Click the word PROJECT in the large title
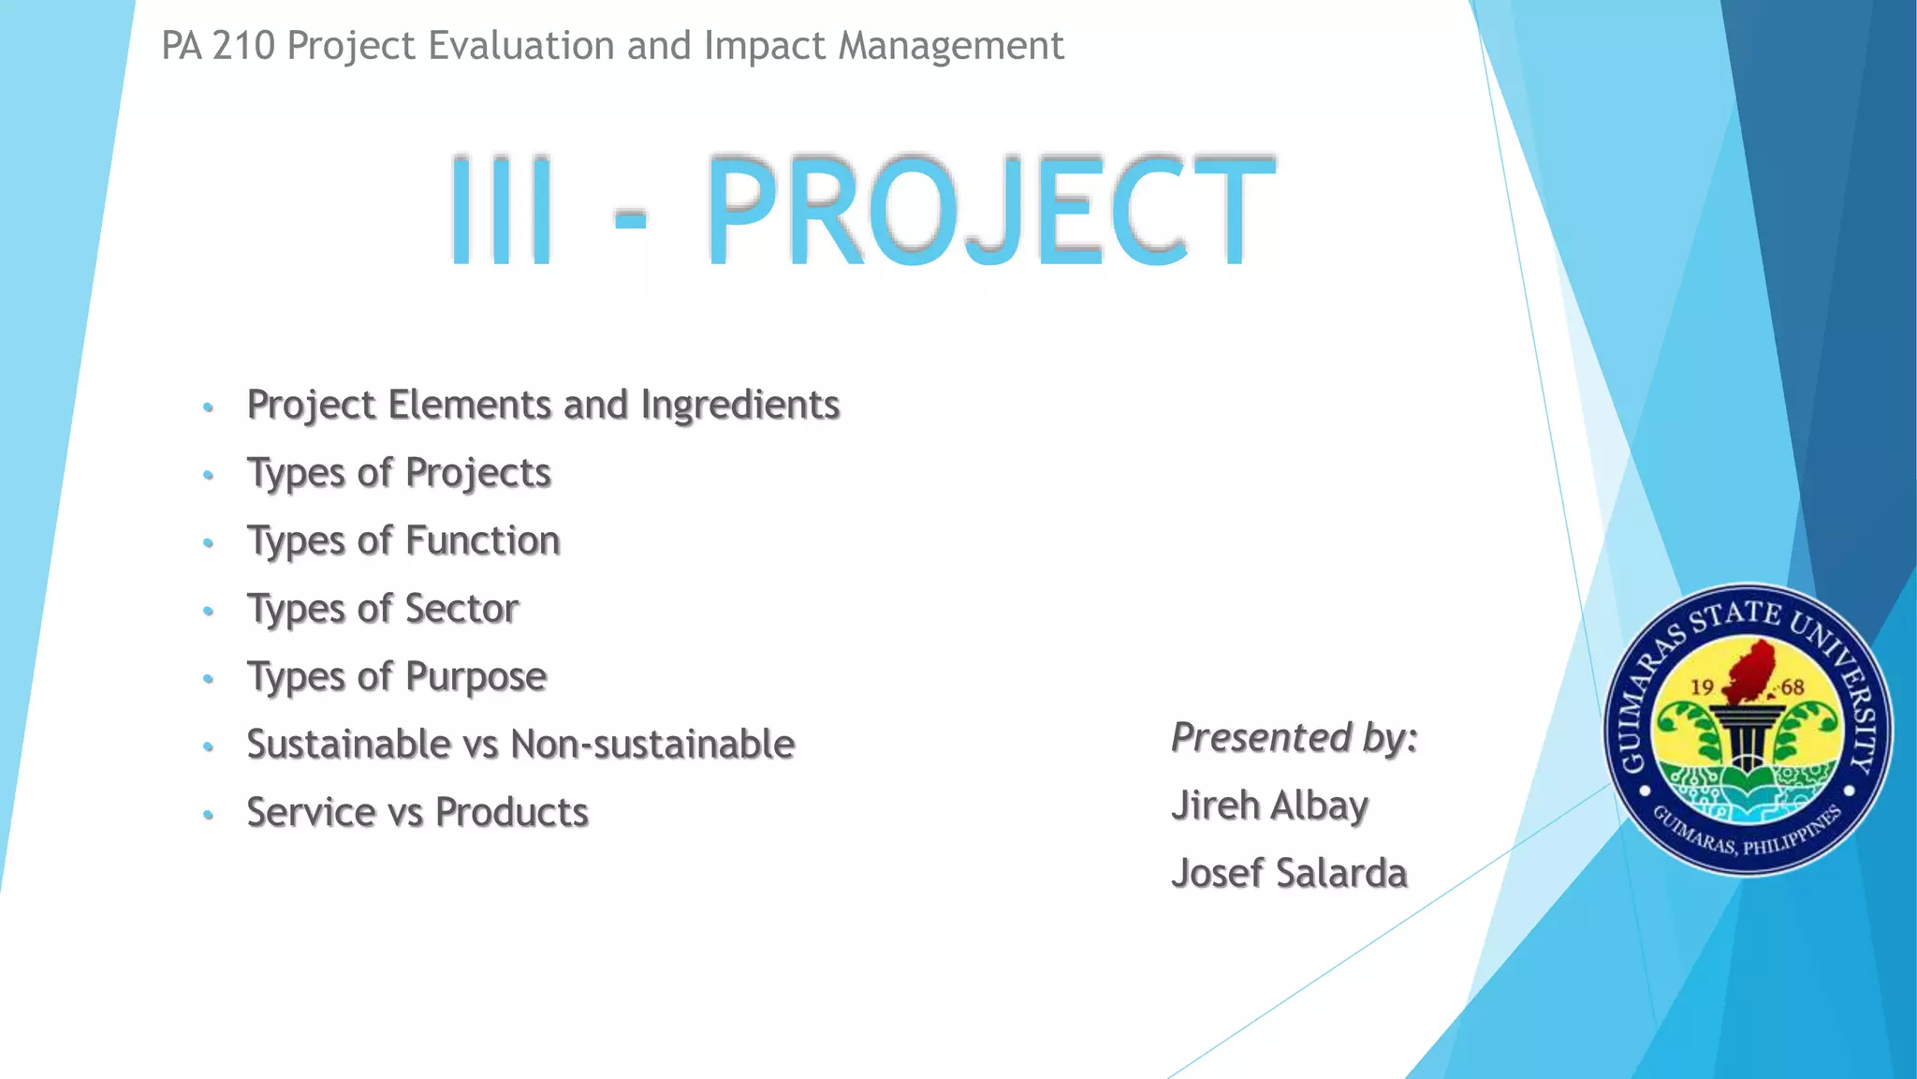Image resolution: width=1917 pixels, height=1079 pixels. (x=989, y=211)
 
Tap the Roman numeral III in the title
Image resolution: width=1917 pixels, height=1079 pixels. (x=502, y=211)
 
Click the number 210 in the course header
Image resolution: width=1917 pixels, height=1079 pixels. (x=243, y=46)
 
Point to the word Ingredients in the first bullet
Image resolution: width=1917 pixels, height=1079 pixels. (x=739, y=405)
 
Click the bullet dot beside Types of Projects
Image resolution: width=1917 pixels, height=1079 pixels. (x=209, y=475)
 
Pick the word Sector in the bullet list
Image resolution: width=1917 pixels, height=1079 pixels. (x=461, y=609)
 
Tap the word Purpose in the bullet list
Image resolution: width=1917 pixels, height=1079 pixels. (x=476, y=677)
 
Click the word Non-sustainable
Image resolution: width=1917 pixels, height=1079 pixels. (x=652, y=745)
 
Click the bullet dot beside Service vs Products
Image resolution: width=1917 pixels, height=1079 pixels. (x=209, y=815)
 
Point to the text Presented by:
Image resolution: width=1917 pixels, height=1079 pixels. (x=1294, y=737)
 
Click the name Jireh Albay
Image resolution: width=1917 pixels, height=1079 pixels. (x=1269, y=806)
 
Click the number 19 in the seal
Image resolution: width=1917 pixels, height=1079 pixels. (x=1702, y=687)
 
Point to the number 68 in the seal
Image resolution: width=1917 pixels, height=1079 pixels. (x=1793, y=687)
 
